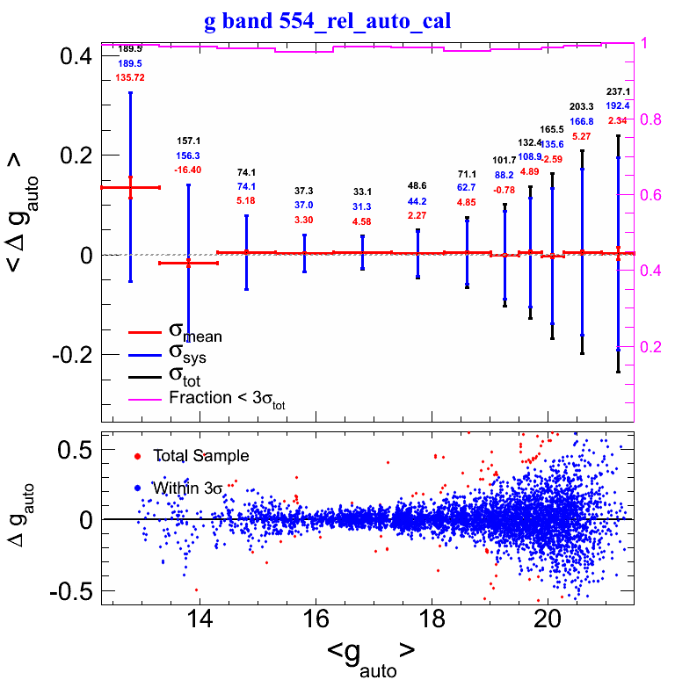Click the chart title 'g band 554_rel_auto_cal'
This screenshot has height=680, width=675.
pos(327,21)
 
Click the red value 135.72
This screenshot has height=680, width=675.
pos(129,78)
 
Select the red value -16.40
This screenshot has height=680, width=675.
pos(187,170)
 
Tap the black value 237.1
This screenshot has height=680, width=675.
pos(618,91)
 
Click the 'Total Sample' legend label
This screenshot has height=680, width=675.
pos(200,456)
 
